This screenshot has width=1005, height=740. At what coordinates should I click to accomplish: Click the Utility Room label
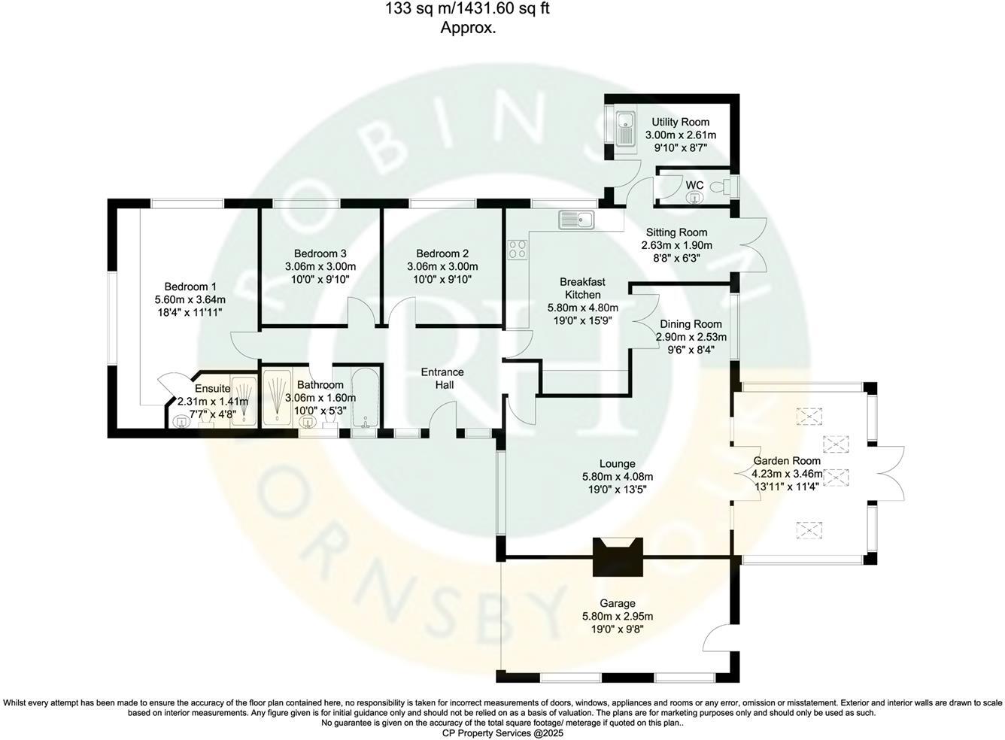point(680,122)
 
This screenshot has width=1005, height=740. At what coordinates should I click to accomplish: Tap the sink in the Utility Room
point(624,129)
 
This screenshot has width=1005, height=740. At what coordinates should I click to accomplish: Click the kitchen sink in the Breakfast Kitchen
point(576,220)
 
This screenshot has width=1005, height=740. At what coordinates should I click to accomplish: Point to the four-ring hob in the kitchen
point(517,249)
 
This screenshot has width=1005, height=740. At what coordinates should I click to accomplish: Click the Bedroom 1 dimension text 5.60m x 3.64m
point(190,299)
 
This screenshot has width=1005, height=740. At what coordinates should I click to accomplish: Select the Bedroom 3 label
point(320,253)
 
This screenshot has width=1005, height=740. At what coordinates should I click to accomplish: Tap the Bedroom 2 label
point(442,253)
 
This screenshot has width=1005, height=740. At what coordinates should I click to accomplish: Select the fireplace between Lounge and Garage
point(617,557)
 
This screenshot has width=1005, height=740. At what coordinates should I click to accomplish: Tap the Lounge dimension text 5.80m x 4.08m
point(617,477)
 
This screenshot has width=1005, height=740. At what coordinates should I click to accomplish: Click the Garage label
point(617,603)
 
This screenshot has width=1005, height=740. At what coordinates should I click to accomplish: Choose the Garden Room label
point(787,461)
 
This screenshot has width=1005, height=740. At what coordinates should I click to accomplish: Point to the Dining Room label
point(691,324)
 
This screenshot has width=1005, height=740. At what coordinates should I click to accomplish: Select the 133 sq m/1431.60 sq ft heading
point(472,10)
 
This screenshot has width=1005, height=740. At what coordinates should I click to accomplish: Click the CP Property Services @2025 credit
point(502,732)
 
